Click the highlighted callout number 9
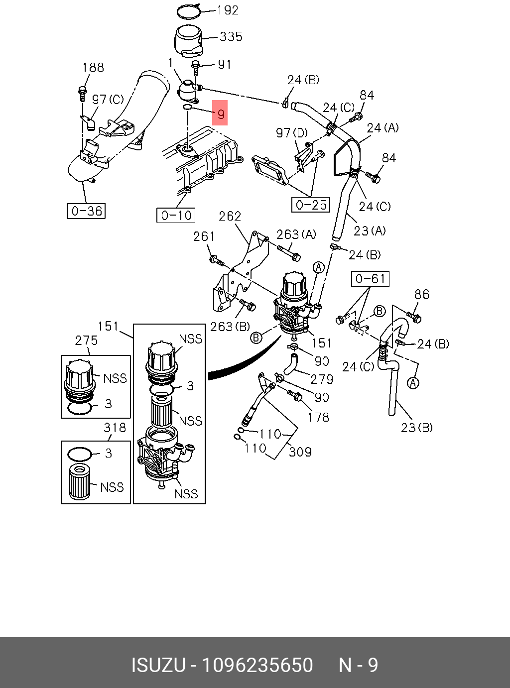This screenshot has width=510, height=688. pos(221,114)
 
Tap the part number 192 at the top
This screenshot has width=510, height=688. pos(228,10)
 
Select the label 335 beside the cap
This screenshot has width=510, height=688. pos(231,36)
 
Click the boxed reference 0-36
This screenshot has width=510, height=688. pos(87,211)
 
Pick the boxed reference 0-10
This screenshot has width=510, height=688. pos(176,215)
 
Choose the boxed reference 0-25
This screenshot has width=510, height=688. pos(311,205)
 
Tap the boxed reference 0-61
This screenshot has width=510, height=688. pos(370,279)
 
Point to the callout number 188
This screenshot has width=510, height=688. pos(93,67)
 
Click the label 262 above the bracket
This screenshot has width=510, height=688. pos(230,216)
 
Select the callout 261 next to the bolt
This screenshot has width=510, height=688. pos(204,236)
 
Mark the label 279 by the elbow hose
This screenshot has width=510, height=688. pos(322,379)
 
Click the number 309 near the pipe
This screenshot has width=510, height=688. pos(300,452)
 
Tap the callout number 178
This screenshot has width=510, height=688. pos(318,417)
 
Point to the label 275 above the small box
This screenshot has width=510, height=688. pos(86,341)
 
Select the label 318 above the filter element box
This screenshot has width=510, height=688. pos(115,428)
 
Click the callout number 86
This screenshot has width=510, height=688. pos(421,294)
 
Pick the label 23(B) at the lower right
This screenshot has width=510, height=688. pos(416,428)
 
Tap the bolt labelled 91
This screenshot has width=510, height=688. pos(196,66)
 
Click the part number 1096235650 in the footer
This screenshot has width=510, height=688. pos(256,665)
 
